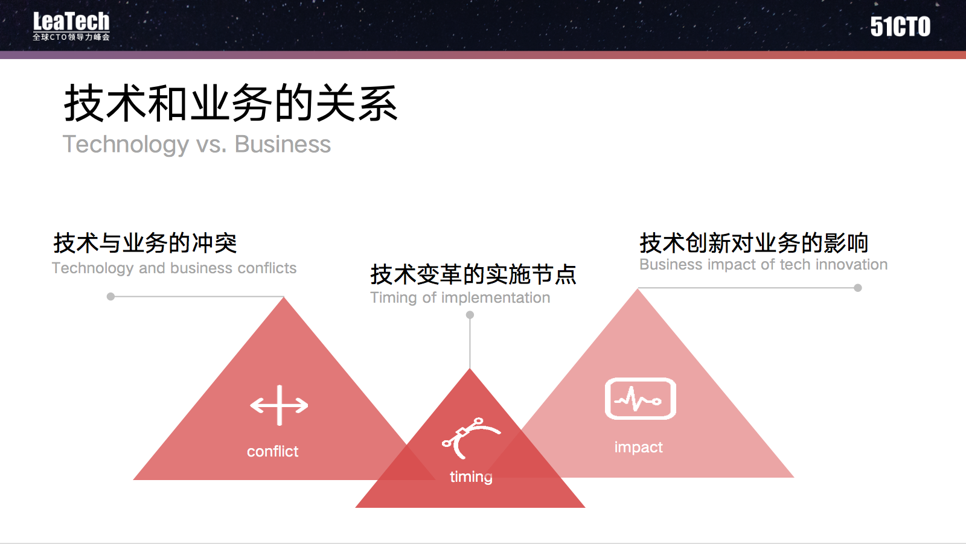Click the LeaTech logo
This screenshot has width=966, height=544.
coord(71,26)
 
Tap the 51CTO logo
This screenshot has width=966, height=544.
coord(900,27)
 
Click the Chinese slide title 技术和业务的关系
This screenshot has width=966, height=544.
coord(231,103)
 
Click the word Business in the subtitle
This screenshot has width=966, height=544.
coord(283,144)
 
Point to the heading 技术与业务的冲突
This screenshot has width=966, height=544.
coord(145,243)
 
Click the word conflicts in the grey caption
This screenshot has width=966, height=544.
coord(267,268)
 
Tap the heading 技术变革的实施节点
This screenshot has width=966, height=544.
coord(473,274)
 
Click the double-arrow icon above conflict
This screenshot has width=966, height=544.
coord(279,405)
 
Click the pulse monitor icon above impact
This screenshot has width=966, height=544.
coord(641,399)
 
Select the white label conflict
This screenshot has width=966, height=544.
coord(272,451)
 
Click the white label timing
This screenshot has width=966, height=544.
coord(471,477)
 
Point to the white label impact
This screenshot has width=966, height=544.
coord(638,448)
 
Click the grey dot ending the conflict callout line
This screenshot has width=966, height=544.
coord(111,296)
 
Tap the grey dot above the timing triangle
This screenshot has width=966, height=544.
coord(470,315)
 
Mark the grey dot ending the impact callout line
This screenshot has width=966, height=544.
coord(858,288)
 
